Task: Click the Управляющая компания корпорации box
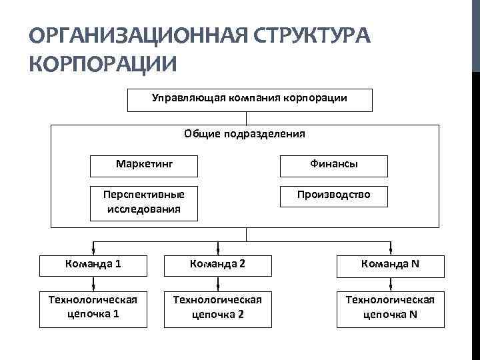(249, 99)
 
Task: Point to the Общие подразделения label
(245, 134)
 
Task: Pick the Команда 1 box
(94, 264)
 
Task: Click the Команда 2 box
(218, 264)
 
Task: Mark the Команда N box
(390, 264)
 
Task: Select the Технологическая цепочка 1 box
(94, 307)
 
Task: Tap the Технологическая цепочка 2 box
(218, 307)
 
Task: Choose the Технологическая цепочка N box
(390, 307)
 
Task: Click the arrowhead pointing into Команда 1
(94, 249)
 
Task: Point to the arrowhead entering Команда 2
(218, 249)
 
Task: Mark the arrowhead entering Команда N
(390, 249)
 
